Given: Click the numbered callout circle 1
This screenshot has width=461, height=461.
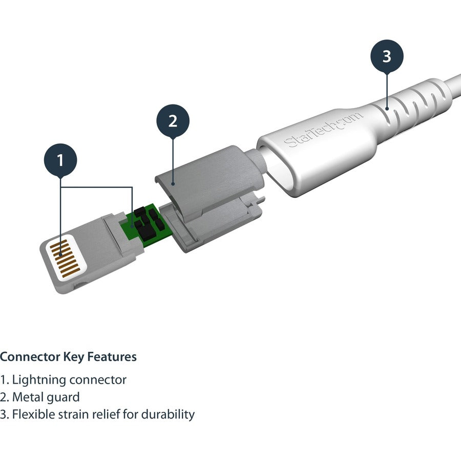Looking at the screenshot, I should point(60,160).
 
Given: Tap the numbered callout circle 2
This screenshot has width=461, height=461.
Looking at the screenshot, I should point(173,121).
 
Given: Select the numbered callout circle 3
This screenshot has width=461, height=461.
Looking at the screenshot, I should point(387,56).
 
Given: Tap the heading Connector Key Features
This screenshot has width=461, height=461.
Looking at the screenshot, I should point(68,357).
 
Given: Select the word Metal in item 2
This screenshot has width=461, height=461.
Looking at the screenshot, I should point(27,397).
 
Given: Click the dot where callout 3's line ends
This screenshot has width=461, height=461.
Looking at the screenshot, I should point(387,108).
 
